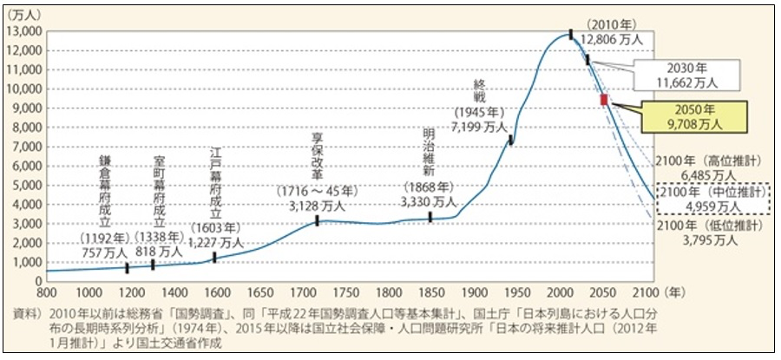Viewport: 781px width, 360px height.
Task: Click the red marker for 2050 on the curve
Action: [604, 100]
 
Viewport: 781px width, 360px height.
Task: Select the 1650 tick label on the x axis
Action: [259, 292]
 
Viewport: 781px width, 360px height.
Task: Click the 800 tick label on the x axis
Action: [47, 292]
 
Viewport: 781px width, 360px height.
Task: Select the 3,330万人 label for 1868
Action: [430, 201]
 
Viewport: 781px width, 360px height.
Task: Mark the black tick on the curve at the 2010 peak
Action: [571, 34]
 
